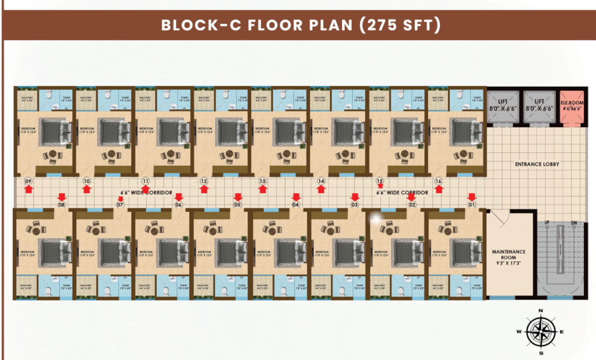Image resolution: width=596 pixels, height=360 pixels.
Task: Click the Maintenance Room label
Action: [508, 257]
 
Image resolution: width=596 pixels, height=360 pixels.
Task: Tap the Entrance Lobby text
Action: [537, 164]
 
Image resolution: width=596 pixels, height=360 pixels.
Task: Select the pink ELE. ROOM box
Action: [572, 106]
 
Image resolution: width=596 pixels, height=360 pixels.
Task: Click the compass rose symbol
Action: [541, 332]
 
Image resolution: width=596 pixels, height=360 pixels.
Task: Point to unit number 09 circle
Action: [28, 181]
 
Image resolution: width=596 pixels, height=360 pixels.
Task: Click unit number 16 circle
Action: [438, 181]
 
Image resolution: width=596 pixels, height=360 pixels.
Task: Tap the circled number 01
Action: [472, 205]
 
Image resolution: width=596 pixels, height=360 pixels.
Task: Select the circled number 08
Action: [62, 205]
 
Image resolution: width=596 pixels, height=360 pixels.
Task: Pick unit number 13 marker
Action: [262, 181]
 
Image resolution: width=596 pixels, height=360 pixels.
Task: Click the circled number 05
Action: [238, 205]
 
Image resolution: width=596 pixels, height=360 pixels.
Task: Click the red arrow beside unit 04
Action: [296, 197]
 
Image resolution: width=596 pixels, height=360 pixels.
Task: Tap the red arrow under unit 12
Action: [204, 189]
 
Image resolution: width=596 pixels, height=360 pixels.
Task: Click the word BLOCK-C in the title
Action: [201, 25]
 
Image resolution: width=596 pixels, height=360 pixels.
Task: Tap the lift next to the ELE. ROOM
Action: [539, 106]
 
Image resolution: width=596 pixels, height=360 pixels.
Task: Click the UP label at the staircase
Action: [547, 222]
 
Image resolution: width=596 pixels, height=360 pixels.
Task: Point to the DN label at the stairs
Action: [574, 222]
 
